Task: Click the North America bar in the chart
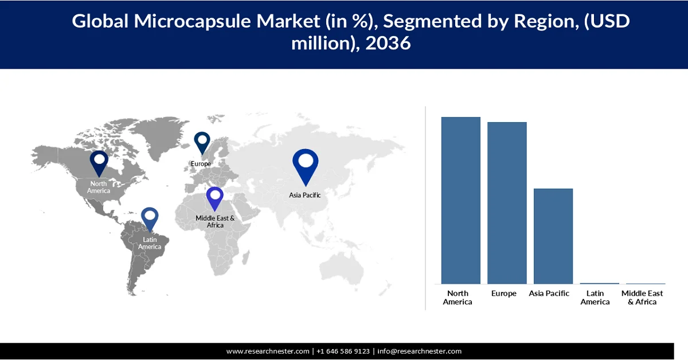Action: (x=460, y=200)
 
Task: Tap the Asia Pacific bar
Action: (x=553, y=236)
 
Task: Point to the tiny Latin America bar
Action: (x=599, y=283)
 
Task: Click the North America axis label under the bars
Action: (x=458, y=298)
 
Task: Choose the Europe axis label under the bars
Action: (x=504, y=294)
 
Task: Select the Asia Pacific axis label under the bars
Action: (x=549, y=294)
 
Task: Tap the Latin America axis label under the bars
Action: (x=595, y=298)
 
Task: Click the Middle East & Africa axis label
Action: (x=642, y=298)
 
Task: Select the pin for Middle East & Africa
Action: (x=215, y=198)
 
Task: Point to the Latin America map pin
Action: (x=150, y=220)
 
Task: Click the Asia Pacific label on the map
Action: (x=305, y=195)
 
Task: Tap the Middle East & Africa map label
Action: (x=215, y=221)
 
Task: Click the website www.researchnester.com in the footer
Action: (x=268, y=351)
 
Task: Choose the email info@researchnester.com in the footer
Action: (x=419, y=351)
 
